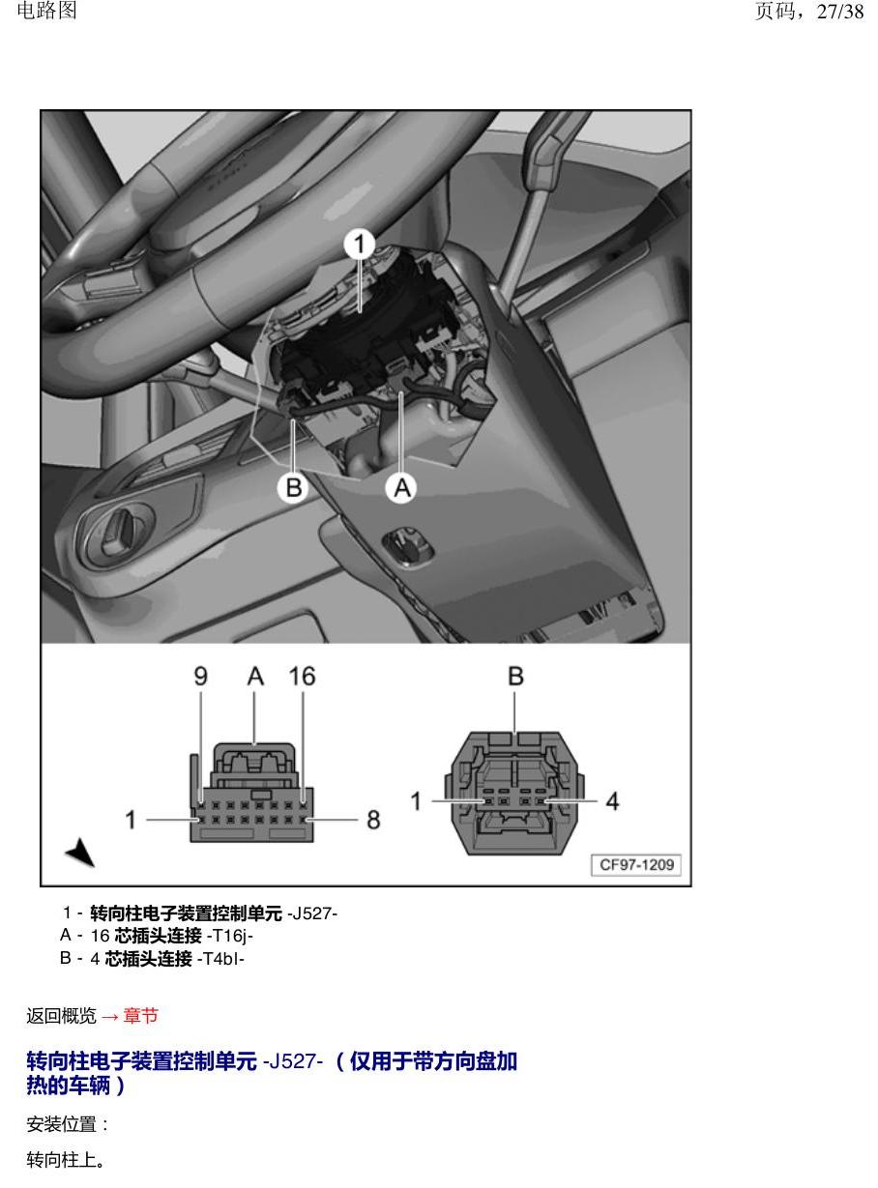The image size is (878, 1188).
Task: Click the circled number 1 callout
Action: [359, 245]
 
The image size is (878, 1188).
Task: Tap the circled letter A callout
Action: [402, 488]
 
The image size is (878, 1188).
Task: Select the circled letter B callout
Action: [293, 488]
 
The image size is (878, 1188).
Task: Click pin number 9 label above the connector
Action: [200, 677]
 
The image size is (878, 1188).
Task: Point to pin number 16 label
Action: [303, 677]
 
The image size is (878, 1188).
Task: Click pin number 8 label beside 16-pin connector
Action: [373, 820]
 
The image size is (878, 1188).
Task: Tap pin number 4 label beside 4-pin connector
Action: [612, 801]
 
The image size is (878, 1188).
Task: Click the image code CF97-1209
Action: [636, 865]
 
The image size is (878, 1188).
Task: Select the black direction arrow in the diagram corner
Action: [80, 851]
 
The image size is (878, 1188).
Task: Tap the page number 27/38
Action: [840, 12]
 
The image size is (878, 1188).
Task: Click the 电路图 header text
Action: [47, 11]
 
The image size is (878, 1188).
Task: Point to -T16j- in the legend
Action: [230, 936]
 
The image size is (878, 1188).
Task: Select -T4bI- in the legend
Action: [220, 959]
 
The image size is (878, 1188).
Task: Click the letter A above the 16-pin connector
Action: [255, 677]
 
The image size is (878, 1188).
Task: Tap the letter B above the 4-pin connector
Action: [515, 677]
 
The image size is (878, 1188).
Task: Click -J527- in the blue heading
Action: [293, 1061]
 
